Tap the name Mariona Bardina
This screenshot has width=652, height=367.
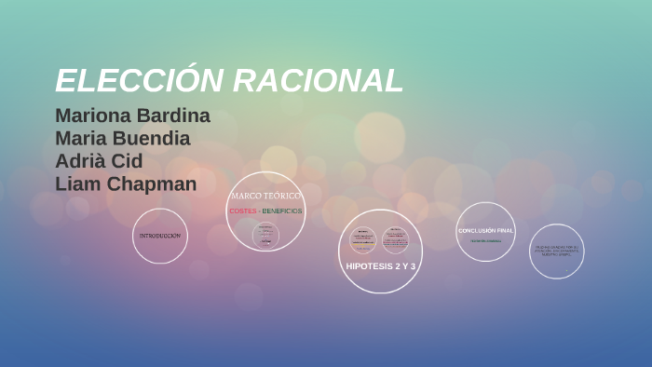(132, 116)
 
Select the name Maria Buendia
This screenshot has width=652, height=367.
(123, 139)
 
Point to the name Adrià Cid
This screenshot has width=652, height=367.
(99, 161)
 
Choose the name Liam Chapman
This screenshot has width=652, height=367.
(126, 184)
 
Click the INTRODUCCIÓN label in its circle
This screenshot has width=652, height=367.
(159, 237)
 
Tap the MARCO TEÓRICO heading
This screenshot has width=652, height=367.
(265, 196)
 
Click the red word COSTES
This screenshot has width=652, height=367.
(242, 211)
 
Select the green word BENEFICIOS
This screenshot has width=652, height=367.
(282, 211)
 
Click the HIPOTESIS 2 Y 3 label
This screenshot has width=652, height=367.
(380, 266)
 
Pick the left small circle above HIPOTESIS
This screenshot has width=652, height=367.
(362, 239)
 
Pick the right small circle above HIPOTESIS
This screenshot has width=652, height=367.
(395, 239)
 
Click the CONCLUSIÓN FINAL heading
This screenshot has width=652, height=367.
(485, 230)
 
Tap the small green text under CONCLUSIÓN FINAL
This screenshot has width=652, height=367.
(485, 241)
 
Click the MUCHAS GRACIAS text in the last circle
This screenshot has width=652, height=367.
(556, 250)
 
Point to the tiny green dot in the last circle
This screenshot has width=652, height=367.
(566, 271)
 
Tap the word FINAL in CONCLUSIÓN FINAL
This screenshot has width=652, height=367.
(504, 230)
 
